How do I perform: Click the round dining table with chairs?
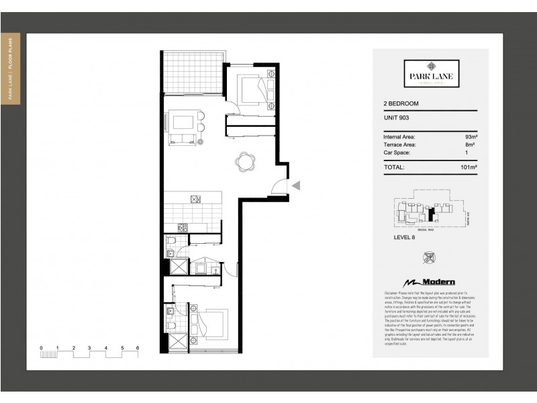tap(245, 161)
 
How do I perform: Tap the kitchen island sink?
tap(196, 199)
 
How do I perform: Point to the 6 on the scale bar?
tap(138, 347)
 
